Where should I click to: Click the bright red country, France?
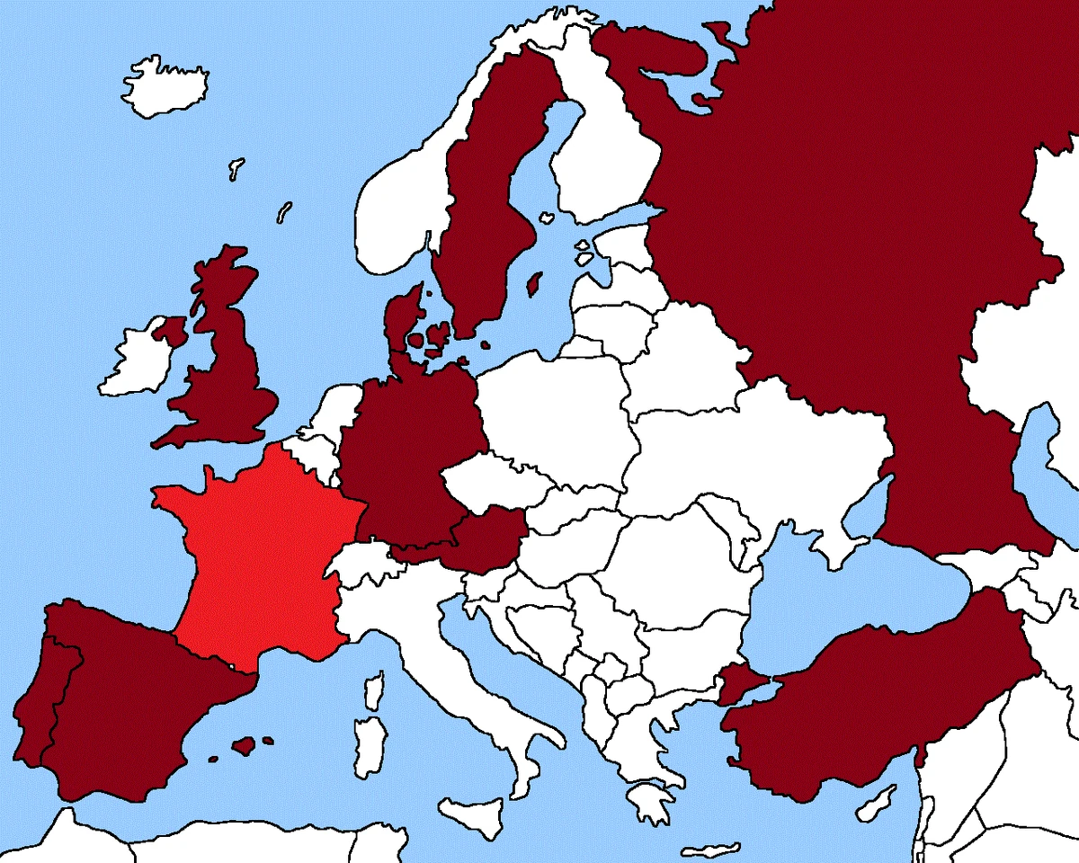261,557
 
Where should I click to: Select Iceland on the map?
166,85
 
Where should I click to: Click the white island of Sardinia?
368,746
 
